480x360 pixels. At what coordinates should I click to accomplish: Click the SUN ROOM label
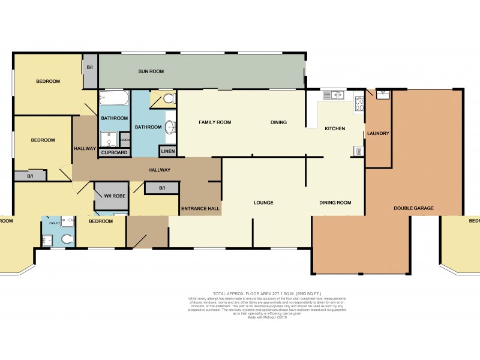151,71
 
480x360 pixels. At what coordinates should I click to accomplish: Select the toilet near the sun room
169,97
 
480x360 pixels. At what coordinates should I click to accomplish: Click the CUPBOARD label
113,152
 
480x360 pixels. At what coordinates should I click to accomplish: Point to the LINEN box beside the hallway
167,150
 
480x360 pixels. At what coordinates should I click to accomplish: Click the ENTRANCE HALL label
200,209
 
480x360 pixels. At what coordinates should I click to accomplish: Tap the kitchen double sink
332,94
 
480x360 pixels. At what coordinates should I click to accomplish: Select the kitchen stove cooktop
359,104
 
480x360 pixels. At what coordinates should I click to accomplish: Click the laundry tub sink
383,94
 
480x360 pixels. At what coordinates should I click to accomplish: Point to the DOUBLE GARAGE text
413,208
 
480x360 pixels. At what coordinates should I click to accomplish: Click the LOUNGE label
263,203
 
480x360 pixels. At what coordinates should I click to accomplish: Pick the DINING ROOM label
335,203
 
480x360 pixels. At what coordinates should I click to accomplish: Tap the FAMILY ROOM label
215,122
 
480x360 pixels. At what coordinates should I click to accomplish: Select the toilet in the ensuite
68,240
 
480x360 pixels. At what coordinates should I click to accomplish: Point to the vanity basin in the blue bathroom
170,126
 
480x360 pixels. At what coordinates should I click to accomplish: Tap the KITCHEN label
335,128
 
